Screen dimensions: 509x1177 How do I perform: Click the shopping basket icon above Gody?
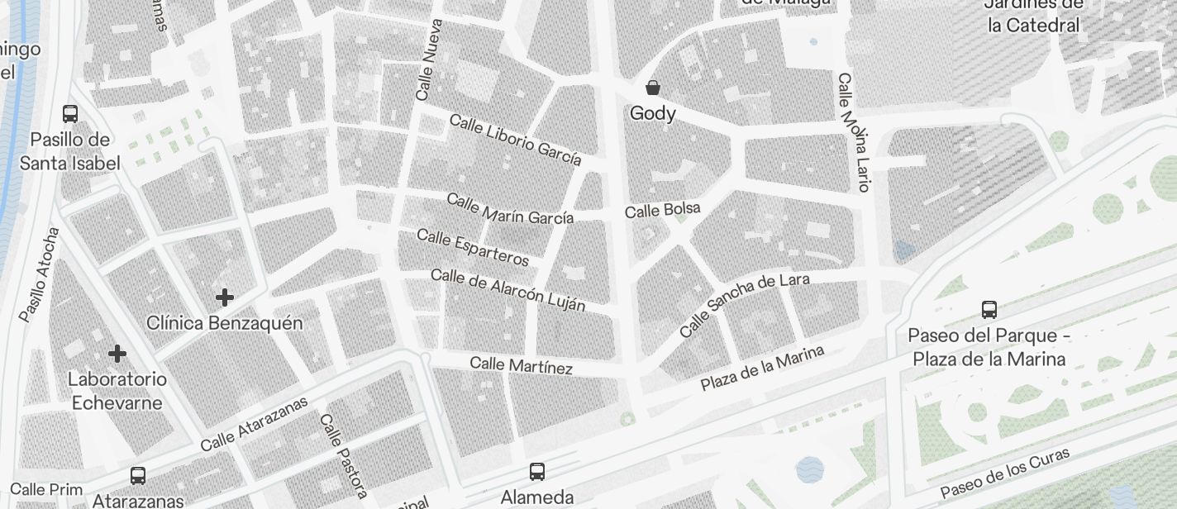tap(653, 88)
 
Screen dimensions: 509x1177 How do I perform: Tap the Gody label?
tap(653, 113)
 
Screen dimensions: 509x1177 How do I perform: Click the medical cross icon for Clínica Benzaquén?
tap(224, 297)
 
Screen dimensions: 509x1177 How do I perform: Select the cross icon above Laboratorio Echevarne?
tap(117, 354)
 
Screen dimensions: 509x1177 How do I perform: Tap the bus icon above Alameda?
tap(537, 472)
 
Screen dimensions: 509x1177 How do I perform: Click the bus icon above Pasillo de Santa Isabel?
tap(70, 114)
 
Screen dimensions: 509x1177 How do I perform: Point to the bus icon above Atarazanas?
tap(138, 476)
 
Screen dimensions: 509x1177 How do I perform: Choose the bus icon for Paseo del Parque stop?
tap(989, 310)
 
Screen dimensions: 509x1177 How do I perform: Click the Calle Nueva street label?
tap(430, 60)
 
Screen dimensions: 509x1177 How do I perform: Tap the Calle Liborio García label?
tap(515, 140)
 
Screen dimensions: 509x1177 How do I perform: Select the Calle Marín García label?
tap(510, 209)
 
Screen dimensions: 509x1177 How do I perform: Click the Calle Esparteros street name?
tap(472, 248)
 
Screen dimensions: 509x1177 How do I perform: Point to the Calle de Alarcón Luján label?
tap(507, 290)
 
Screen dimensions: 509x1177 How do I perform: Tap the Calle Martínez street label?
tap(521, 365)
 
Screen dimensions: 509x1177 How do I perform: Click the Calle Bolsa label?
tap(662, 211)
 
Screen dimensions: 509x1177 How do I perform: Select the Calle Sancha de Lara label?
tap(744, 305)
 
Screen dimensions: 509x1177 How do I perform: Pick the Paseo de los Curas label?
tap(1005, 473)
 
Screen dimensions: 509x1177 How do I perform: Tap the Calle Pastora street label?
tap(343, 456)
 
